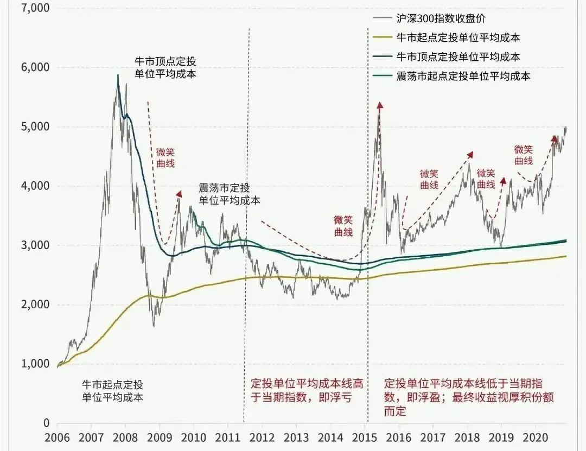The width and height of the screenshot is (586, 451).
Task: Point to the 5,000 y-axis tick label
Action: tap(34, 127)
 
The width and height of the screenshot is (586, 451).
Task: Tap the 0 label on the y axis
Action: tap(46, 423)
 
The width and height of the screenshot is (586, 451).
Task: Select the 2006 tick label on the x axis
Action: tap(58, 438)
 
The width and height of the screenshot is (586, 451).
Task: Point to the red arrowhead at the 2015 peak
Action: tap(380, 105)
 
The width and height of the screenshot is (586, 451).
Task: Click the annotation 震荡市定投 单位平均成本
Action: tap(229, 194)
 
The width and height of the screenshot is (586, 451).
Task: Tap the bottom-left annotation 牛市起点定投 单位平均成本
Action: tap(112, 390)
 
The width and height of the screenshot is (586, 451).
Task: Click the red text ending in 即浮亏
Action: tap(307, 390)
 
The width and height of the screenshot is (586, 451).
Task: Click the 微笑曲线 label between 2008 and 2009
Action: tap(166, 157)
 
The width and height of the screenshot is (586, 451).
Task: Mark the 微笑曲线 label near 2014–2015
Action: tap(343, 226)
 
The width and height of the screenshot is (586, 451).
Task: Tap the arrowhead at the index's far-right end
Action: tap(555, 138)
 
